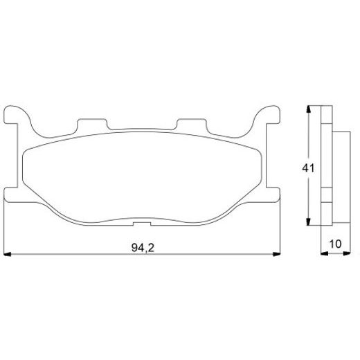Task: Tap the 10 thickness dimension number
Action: [x=336, y=244]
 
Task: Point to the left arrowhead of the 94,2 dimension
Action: [x=8, y=255]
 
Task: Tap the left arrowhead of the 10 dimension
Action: [x=324, y=255]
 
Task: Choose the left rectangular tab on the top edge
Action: [x=93, y=125]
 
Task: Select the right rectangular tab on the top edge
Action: [x=190, y=125]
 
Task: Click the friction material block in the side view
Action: [x=341, y=168]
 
